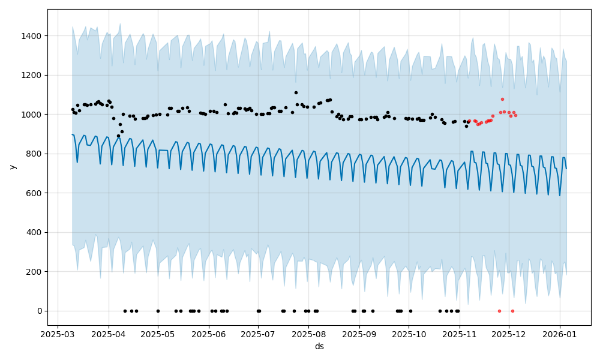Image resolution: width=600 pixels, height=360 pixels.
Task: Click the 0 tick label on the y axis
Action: [40, 311]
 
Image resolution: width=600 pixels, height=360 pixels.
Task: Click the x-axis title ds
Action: [319, 346]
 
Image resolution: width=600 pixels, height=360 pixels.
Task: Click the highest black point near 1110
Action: [296, 92]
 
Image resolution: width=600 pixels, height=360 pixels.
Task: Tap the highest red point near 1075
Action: [502, 99]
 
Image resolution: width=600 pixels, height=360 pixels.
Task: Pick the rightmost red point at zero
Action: [512, 311]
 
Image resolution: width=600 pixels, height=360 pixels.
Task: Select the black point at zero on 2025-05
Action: [158, 311]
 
